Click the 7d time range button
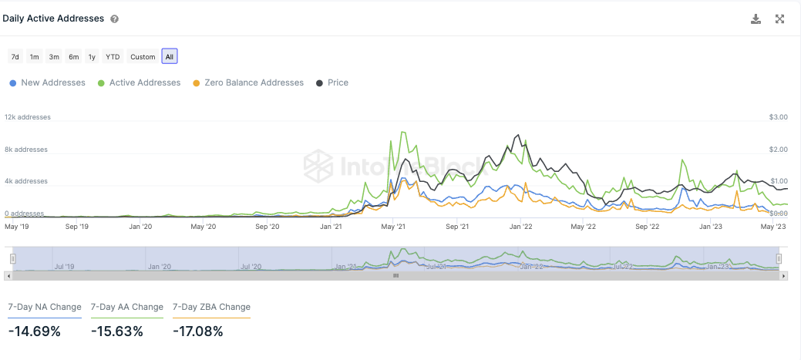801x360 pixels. point(15,56)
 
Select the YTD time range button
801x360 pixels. point(113,56)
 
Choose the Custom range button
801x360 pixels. point(143,56)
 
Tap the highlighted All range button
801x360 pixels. point(170,56)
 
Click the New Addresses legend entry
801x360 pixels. point(48,82)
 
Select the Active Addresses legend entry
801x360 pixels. point(140,82)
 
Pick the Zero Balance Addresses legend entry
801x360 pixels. point(248,82)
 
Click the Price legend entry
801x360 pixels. point(332,82)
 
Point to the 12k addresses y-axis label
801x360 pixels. point(28,117)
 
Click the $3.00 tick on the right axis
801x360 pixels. point(778,117)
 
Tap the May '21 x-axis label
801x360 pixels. point(394,227)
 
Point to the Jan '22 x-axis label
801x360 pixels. point(521,227)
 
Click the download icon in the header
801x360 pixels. point(756,19)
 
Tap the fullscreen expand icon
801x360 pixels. point(779,19)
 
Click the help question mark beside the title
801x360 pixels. point(114,19)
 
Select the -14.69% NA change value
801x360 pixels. point(34,331)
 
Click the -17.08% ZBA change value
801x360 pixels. point(198,331)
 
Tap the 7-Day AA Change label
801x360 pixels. point(127,307)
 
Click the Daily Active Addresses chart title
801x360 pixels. point(53,19)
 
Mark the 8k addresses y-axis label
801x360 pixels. point(25,150)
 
